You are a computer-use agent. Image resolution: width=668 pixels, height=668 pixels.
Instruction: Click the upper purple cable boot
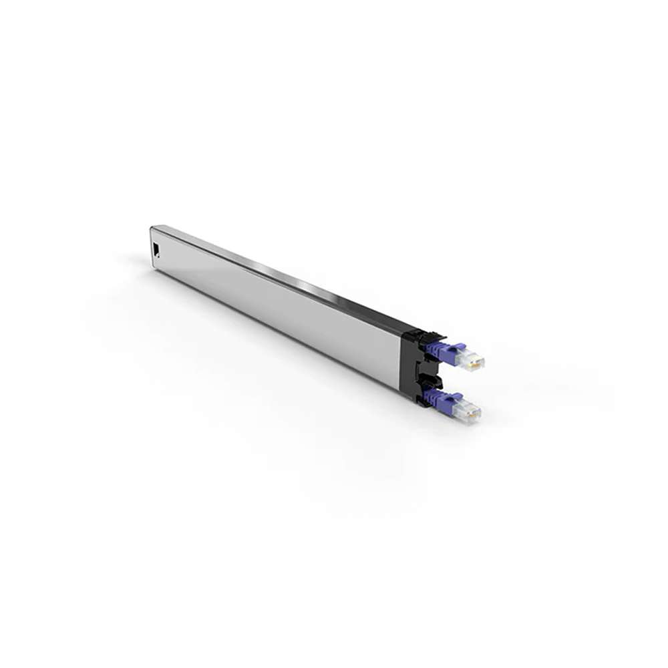(448, 351)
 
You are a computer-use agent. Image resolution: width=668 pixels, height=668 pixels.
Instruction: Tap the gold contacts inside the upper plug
(475, 361)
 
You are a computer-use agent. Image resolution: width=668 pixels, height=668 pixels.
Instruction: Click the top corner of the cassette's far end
(152, 227)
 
